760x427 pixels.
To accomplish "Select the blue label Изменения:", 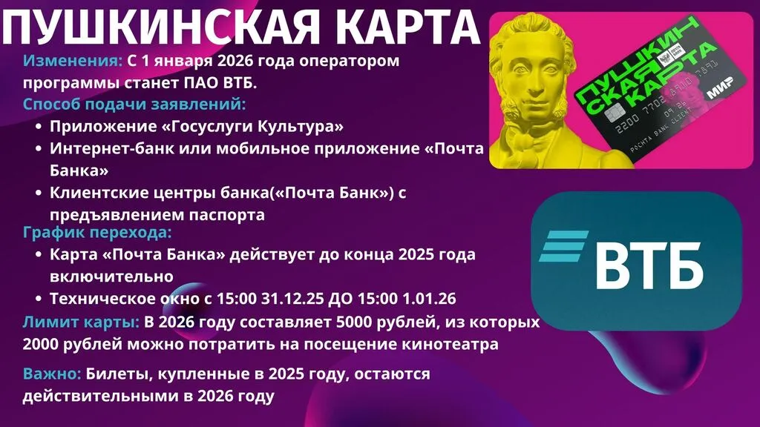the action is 73,61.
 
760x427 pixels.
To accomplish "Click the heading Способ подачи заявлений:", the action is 134,104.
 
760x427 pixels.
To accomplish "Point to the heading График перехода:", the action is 97,232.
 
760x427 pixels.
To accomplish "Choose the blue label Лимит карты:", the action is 81,322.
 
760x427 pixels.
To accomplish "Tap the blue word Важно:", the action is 52,374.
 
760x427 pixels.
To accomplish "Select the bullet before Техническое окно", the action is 39,299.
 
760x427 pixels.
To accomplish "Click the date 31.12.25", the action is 292,298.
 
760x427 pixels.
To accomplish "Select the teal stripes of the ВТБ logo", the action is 564,246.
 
